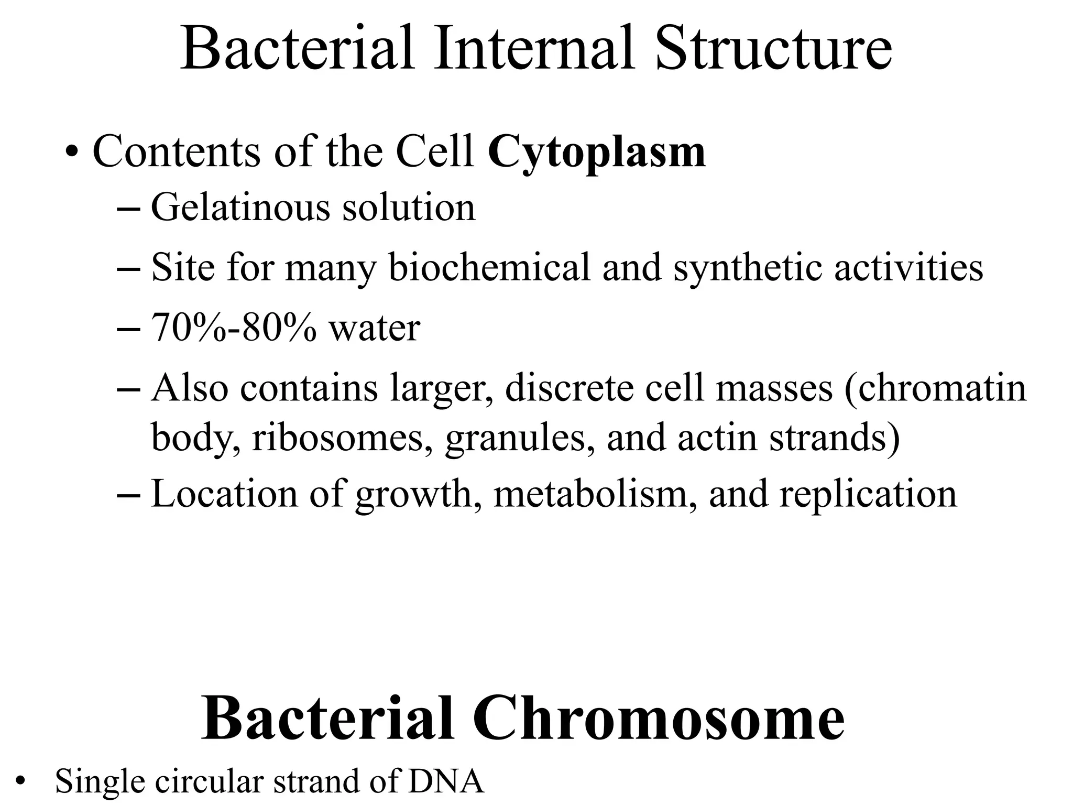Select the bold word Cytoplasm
(x=597, y=153)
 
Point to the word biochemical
(x=489, y=268)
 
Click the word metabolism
(x=590, y=494)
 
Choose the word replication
(x=868, y=495)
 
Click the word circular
(x=210, y=781)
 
